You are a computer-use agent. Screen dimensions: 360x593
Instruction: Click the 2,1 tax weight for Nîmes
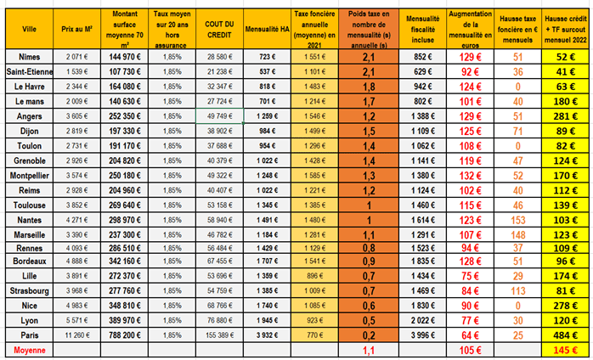(369, 56)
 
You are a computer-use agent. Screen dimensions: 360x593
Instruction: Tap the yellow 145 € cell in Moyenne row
(564, 349)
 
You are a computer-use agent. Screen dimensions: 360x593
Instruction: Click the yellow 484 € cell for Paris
(564, 335)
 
